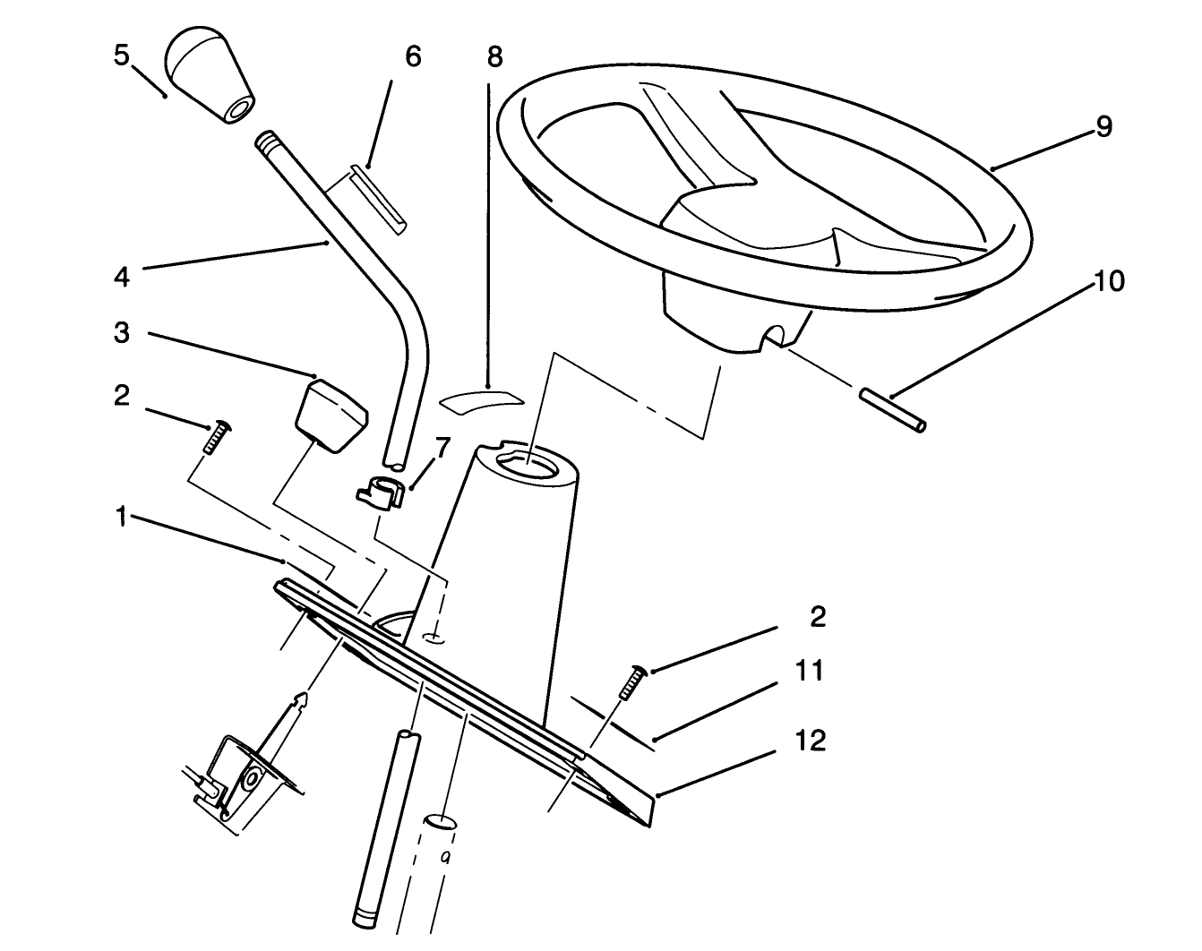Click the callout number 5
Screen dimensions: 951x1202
pos(122,56)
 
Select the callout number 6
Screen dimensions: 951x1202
pos(412,56)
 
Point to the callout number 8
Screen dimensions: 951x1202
pos(494,56)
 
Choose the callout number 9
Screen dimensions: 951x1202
pos(1103,127)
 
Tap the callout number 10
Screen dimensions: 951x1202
pos(1108,281)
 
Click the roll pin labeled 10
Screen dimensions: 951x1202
pos(893,408)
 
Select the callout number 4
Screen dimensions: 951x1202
pos(122,277)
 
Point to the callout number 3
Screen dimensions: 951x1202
pos(122,333)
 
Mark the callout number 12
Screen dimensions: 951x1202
pos(810,741)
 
